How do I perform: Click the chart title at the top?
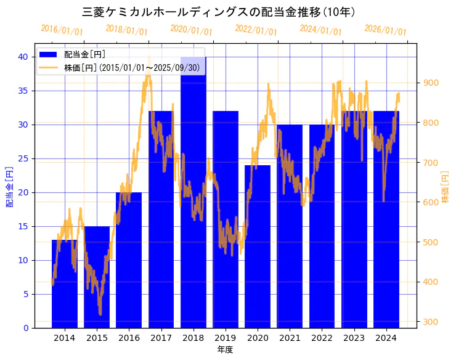coord(219,12)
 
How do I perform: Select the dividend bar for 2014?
coord(65,284)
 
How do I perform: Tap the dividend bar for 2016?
coord(129,260)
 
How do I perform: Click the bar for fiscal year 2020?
coord(258,247)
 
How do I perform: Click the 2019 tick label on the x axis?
coord(226,338)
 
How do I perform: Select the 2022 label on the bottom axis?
coord(322,338)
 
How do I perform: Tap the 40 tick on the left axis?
coord(22,57)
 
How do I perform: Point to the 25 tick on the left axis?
coord(22,158)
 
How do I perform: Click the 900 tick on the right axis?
coord(431,83)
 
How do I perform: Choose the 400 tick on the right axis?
coord(431,282)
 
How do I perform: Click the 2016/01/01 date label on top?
coord(62,30)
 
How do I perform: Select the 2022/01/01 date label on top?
coord(256,30)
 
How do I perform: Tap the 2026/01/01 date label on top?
coord(385,30)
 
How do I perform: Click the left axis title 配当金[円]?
coord(9,187)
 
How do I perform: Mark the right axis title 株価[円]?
coord(446,187)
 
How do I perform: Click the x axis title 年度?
coord(225,350)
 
